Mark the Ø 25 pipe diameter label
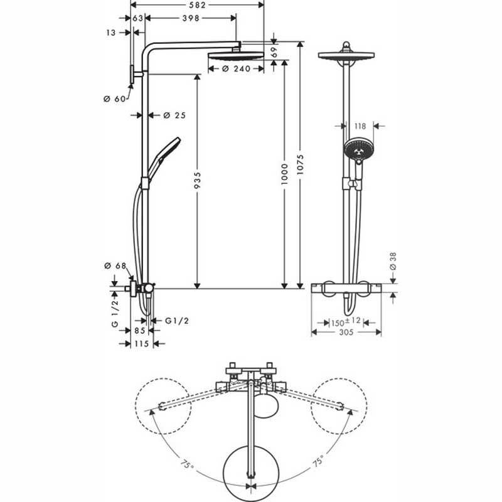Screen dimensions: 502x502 click(175, 115)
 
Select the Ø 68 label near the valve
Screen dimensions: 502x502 click(114, 266)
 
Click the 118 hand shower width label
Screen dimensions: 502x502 click(360, 126)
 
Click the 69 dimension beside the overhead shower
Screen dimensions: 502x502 click(274, 53)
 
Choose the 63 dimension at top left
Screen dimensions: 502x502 click(138, 19)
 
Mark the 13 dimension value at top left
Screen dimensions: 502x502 click(112, 33)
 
